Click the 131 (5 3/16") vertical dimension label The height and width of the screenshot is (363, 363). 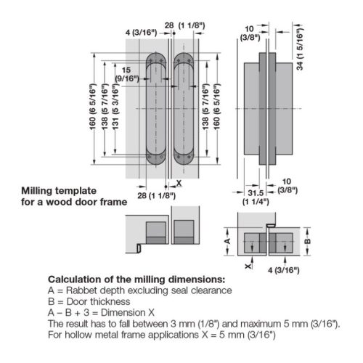(115, 107)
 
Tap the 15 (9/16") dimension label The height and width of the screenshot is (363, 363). (127, 74)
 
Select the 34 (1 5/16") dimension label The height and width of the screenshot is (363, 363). (300, 49)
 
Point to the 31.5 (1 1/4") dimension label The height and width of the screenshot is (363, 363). (256, 197)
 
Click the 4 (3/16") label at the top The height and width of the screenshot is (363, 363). (142, 33)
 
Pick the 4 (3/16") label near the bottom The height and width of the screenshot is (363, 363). (284, 270)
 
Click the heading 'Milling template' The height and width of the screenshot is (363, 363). (59, 191)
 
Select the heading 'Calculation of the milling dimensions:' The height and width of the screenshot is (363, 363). (136, 280)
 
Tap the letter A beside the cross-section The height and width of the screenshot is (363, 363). (227, 241)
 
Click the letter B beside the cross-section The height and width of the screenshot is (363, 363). (307, 241)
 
